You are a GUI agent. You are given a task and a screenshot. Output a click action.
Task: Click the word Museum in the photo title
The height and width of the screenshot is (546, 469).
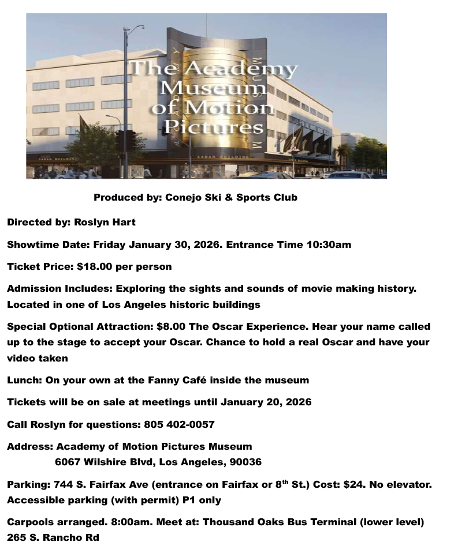coord(213,88)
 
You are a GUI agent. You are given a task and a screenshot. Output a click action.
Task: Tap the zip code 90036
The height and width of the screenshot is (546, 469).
coord(245,462)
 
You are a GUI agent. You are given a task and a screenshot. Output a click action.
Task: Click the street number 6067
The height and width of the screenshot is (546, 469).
coord(68,462)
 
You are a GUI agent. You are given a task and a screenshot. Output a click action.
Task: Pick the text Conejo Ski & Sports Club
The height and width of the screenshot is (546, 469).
coord(231,198)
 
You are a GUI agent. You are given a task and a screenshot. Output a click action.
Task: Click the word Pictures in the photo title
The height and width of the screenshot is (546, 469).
coord(213,126)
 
